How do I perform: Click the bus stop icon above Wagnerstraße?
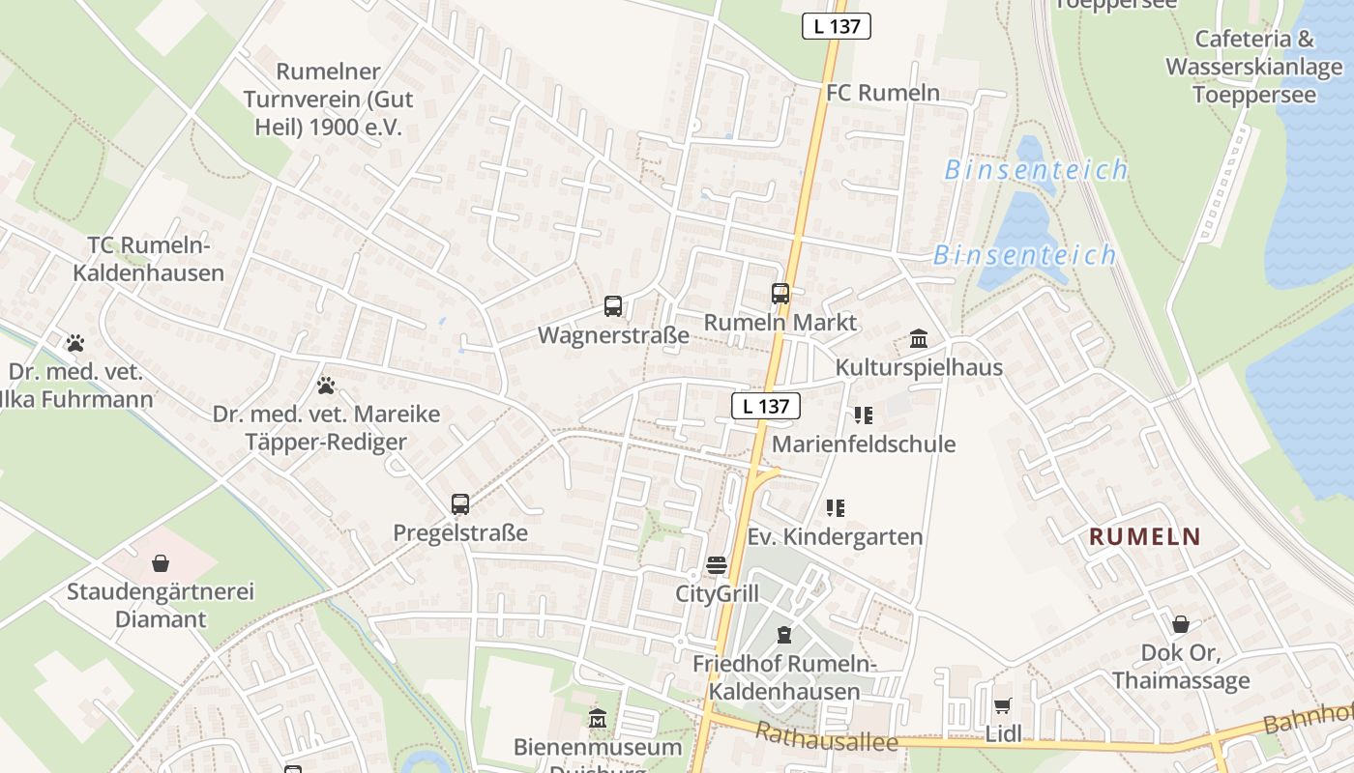[613, 306]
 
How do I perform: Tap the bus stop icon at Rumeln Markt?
[780, 293]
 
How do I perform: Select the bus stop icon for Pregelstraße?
[460, 503]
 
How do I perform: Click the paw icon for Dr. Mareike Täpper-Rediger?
[326, 386]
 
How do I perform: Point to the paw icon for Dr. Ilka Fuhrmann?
[75, 343]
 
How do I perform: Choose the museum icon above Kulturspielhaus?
[919, 339]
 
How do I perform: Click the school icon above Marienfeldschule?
[863, 415]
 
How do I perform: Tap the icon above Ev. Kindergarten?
[836, 507]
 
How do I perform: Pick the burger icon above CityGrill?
[717, 565]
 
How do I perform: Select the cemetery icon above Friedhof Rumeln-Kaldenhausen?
[783, 635]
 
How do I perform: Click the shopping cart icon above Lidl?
[1003, 705]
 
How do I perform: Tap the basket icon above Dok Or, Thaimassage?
[1180, 624]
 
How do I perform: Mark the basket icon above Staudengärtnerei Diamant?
[161, 562]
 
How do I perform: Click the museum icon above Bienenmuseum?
[598, 719]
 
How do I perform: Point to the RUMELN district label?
[1145, 537]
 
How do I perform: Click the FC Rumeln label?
[883, 93]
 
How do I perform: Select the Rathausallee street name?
[827, 739]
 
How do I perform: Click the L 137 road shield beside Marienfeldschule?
[766, 407]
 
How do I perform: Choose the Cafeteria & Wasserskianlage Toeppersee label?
[1254, 67]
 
